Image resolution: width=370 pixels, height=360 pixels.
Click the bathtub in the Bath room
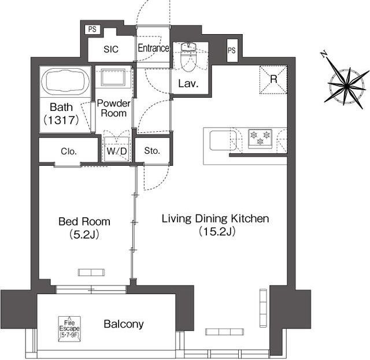65,81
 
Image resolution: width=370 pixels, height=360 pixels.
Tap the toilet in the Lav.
188,58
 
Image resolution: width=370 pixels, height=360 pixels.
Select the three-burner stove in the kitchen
260,139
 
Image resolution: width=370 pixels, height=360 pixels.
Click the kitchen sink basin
223,140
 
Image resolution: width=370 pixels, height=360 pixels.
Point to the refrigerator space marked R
273,80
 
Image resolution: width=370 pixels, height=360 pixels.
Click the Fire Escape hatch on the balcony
69,329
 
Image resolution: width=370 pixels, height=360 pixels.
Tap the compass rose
346,86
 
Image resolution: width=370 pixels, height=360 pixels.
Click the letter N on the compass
324,54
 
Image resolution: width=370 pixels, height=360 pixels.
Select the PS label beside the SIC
92,29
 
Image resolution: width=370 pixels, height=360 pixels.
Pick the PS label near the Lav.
232,50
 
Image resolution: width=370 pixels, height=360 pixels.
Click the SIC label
111,49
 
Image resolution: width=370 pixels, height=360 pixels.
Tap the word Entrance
153,48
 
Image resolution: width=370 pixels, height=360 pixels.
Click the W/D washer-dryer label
117,151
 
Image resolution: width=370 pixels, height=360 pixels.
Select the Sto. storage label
152,151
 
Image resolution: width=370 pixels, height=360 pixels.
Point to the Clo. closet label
69,151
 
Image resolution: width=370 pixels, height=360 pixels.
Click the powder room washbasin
113,77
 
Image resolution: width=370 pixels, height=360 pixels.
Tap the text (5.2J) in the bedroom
84,234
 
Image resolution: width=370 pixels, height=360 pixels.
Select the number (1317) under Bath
61,120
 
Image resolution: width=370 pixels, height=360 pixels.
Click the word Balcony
124,324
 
